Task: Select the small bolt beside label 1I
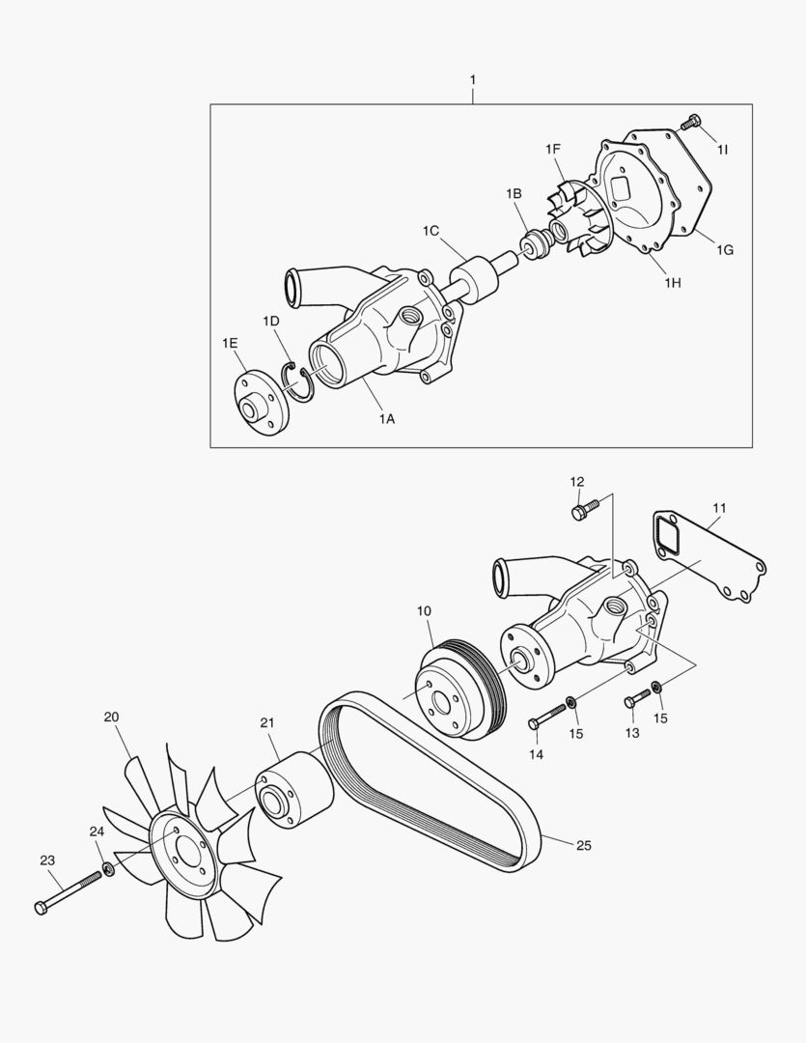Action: pos(690,123)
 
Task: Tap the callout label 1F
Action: pos(553,149)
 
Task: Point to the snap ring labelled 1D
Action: pos(298,379)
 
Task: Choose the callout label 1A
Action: pos(386,418)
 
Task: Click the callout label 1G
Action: pos(725,250)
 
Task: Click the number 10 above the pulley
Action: pos(424,611)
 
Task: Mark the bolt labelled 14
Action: pos(545,718)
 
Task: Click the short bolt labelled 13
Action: pos(636,698)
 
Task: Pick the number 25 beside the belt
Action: pos(583,845)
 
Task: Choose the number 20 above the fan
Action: pos(112,717)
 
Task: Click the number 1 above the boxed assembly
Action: pos(472,77)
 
